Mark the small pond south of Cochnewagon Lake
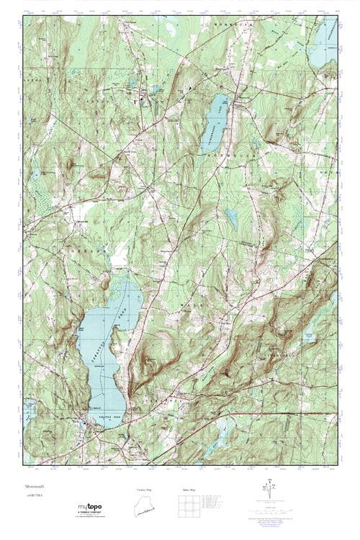[x=230, y=215]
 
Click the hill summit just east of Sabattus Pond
[x=150, y=358]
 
